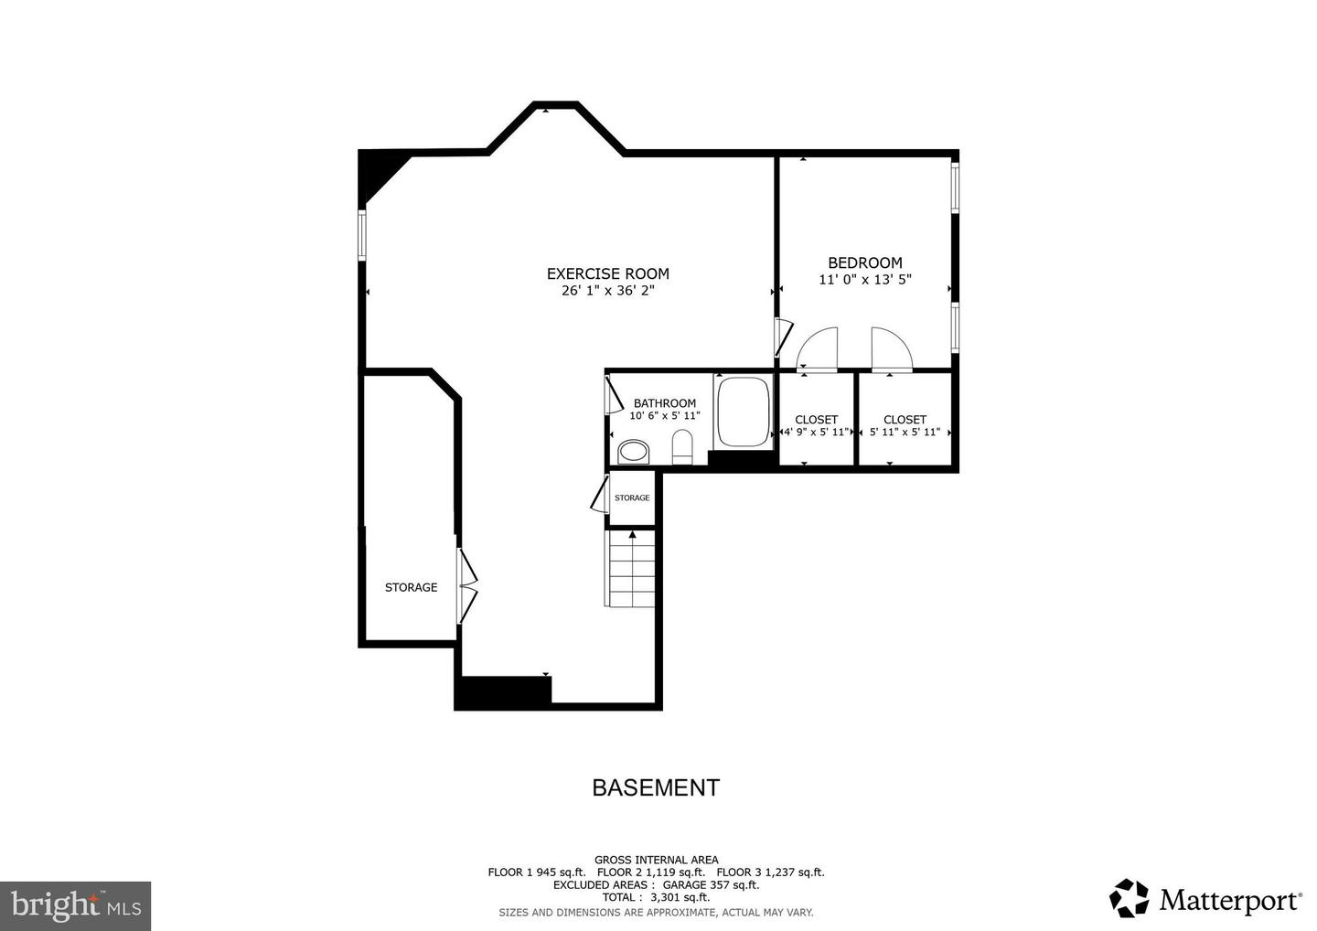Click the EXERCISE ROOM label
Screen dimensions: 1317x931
tap(608, 273)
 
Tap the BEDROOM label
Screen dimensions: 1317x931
tap(865, 262)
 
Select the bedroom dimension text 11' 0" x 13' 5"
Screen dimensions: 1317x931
tap(865, 280)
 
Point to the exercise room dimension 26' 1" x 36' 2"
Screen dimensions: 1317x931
tap(608, 290)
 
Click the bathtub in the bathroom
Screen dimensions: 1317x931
tap(744, 412)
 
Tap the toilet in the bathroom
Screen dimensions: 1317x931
tap(682, 446)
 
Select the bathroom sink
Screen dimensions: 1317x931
tap(634, 452)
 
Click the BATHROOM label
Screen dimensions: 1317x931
tap(664, 403)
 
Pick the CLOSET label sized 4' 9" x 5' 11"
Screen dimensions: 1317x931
tap(816, 420)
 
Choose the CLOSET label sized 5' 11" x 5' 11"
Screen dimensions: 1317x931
tap(905, 420)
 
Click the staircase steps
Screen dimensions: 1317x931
tap(630, 568)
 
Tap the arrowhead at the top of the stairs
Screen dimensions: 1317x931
tap(633, 535)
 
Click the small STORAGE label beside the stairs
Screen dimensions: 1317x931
tap(632, 498)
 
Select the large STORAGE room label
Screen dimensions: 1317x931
tap(411, 587)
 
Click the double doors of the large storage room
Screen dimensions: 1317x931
tap(467, 586)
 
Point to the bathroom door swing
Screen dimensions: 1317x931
tap(614, 394)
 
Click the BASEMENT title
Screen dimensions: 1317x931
tap(656, 787)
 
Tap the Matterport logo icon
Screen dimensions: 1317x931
tap(1129, 897)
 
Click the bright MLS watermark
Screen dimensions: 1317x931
tap(76, 905)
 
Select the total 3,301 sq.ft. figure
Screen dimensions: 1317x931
tap(680, 897)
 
